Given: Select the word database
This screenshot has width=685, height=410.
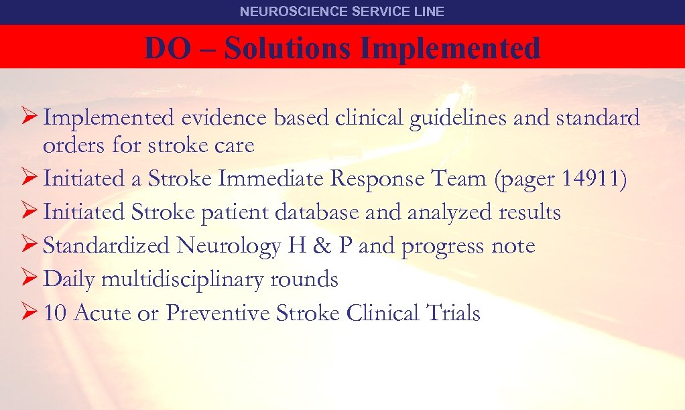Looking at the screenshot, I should [313, 212].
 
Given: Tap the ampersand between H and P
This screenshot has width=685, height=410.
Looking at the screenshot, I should [322, 246].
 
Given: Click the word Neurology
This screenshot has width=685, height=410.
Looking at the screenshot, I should [228, 247].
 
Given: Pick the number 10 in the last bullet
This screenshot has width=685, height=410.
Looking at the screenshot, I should [56, 313].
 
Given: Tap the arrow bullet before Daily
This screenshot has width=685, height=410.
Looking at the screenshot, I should [27, 279].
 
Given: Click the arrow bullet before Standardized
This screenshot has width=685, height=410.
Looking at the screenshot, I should [27, 246].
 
